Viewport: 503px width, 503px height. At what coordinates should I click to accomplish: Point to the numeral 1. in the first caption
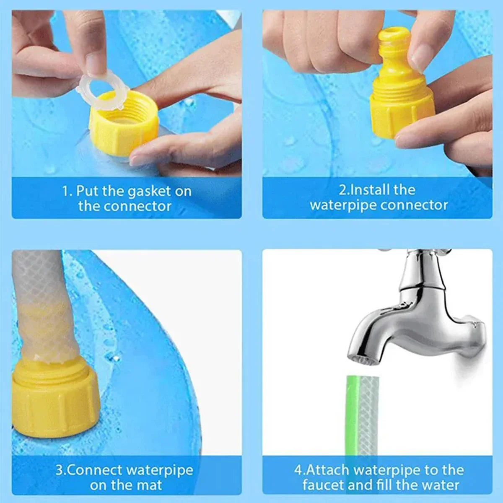click(67, 192)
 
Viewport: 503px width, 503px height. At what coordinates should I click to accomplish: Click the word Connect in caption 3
click(95, 470)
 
